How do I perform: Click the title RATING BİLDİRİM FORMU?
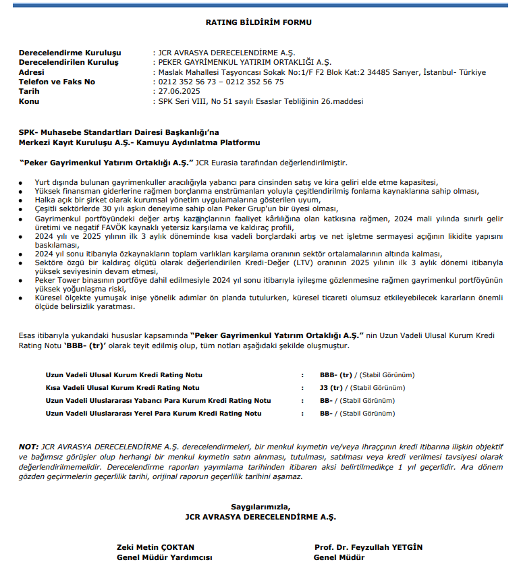[259, 22]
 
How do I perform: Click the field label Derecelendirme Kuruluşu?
[70, 53]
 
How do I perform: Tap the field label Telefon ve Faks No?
[57, 82]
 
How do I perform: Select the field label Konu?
[29, 101]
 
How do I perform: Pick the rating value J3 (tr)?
[331, 388]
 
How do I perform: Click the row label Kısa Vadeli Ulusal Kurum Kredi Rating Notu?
[122, 388]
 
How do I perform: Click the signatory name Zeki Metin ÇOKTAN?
[155, 547]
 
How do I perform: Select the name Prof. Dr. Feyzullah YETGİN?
[368, 547]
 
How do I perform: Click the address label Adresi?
[31, 72]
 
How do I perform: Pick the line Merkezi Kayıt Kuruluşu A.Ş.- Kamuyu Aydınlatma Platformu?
[139, 143]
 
